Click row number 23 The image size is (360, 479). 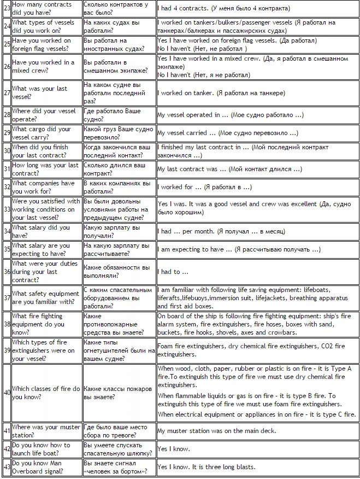coord(6,8)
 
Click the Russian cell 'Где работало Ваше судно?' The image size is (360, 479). coord(111,115)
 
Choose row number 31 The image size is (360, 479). coord(6,169)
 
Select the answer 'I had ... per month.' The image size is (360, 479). coord(221,231)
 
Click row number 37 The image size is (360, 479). coord(6,298)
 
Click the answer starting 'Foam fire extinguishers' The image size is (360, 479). coord(251,350)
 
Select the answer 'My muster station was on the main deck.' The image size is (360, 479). coord(216,431)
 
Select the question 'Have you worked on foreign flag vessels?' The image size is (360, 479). coord(42,44)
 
